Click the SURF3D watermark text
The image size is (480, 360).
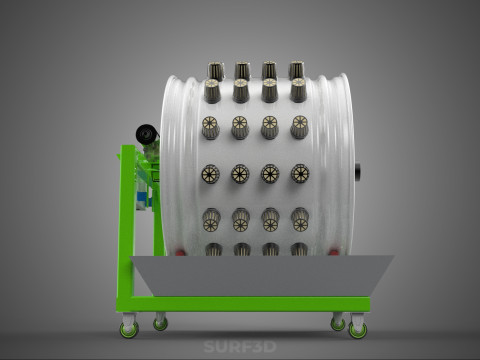(240, 347)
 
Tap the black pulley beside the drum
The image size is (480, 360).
(147, 134)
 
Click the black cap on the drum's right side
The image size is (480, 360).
(358, 172)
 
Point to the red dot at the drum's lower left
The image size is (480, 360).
(180, 253)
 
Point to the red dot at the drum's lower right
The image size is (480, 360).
(333, 253)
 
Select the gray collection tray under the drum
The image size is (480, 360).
(262, 276)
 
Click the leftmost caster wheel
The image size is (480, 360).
(129, 330)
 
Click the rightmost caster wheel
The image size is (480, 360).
(358, 330)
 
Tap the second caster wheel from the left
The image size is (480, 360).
(160, 324)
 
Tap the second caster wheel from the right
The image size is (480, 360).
(338, 324)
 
